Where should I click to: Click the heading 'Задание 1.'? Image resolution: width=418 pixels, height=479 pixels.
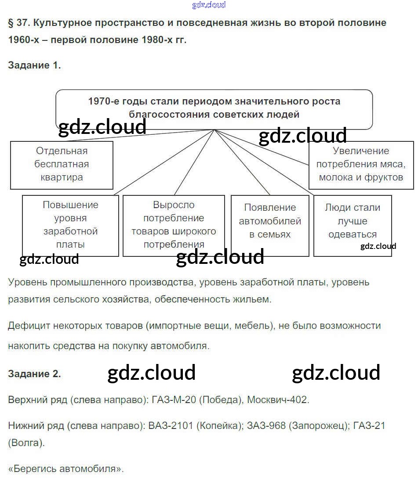pyautogui.click(x=34, y=65)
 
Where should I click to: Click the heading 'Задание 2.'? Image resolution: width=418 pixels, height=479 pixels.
pyautogui.click(x=34, y=374)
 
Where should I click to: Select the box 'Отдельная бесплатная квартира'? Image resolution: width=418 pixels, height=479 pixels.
pyautogui.click(x=62, y=165)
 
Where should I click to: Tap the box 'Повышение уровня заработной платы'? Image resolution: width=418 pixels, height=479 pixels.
pyautogui.click(x=70, y=225)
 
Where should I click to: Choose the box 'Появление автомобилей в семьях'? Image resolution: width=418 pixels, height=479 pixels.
pyautogui.click(x=270, y=225)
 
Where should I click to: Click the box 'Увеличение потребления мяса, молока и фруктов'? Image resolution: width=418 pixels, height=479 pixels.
pyautogui.click(x=361, y=165)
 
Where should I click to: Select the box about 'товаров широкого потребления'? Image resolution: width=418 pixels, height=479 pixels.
pyautogui.click(x=174, y=225)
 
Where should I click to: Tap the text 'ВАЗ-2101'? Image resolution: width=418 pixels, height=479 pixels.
pyautogui.click(x=170, y=425)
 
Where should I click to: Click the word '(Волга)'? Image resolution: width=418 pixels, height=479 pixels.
pyautogui.click(x=26, y=443)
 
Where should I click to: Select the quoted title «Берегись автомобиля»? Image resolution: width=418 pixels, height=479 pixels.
pyautogui.click(x=66, y=468)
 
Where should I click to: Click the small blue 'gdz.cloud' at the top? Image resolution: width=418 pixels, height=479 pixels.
pyautogui.click(x=209, y=5)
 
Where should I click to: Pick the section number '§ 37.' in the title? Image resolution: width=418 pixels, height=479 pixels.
pyautogui.click(x=19, y=22)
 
